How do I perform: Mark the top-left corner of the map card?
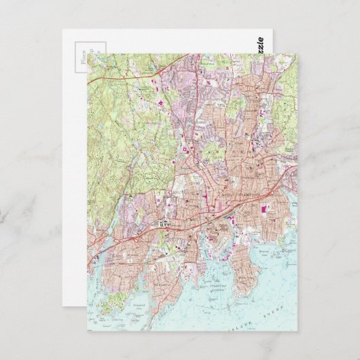86,54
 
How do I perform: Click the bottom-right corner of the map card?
297,331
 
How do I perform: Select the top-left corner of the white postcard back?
63,30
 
